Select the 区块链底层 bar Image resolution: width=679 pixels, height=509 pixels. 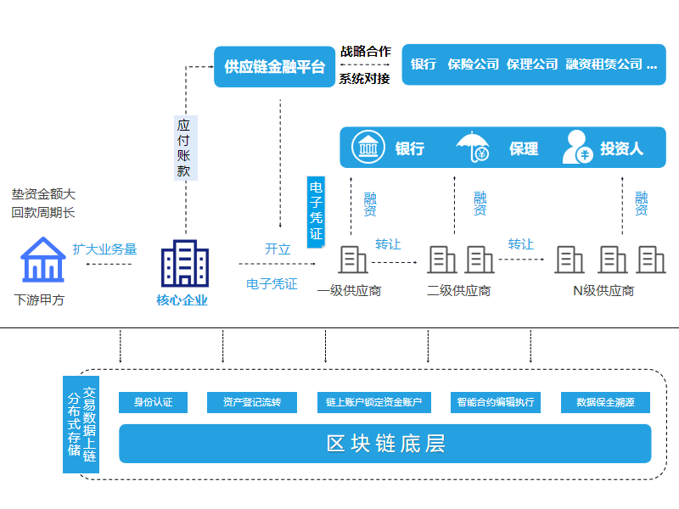[384, 444]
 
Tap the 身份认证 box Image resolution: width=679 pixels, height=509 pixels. [153, 402]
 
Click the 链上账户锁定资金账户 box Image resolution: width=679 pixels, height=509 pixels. [373, 402]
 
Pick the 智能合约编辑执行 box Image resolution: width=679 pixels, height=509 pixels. [495, 402]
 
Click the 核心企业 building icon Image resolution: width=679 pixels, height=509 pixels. [184, 263]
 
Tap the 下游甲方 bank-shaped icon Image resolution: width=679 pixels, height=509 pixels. [42, 260]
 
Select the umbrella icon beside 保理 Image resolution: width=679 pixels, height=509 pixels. [473, 148]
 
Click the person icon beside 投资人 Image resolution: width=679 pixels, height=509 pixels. [576, 148]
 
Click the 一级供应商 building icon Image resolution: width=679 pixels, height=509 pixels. [353, 260]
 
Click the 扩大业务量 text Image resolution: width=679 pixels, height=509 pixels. [104, 249]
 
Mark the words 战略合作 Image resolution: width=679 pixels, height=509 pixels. [365, 51]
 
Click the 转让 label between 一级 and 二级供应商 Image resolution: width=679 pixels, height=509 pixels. [388, 243]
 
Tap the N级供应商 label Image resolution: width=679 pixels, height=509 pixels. [603, 291]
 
